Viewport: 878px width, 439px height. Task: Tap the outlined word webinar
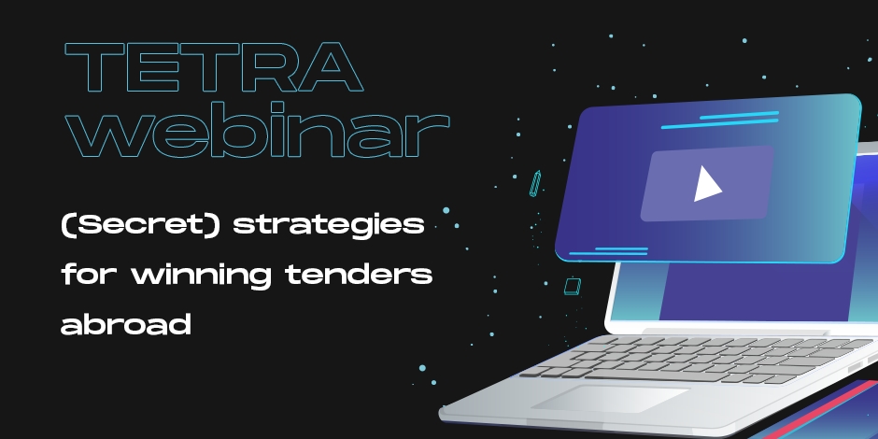point(258,130)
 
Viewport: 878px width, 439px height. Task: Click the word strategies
point(328,226)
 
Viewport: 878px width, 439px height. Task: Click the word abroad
point(126,324)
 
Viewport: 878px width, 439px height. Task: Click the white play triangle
point(707,184)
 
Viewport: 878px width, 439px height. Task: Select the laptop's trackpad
point(610,399)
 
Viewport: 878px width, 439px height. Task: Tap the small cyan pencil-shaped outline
point(535,184)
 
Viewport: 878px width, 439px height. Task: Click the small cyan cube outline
point(573,286)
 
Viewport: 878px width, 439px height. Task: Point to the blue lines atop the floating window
point(720,120)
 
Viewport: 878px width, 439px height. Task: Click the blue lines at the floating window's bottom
point(609,251)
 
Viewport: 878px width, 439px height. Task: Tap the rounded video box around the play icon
point(707,184)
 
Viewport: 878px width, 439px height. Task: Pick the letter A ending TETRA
point(331,67)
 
